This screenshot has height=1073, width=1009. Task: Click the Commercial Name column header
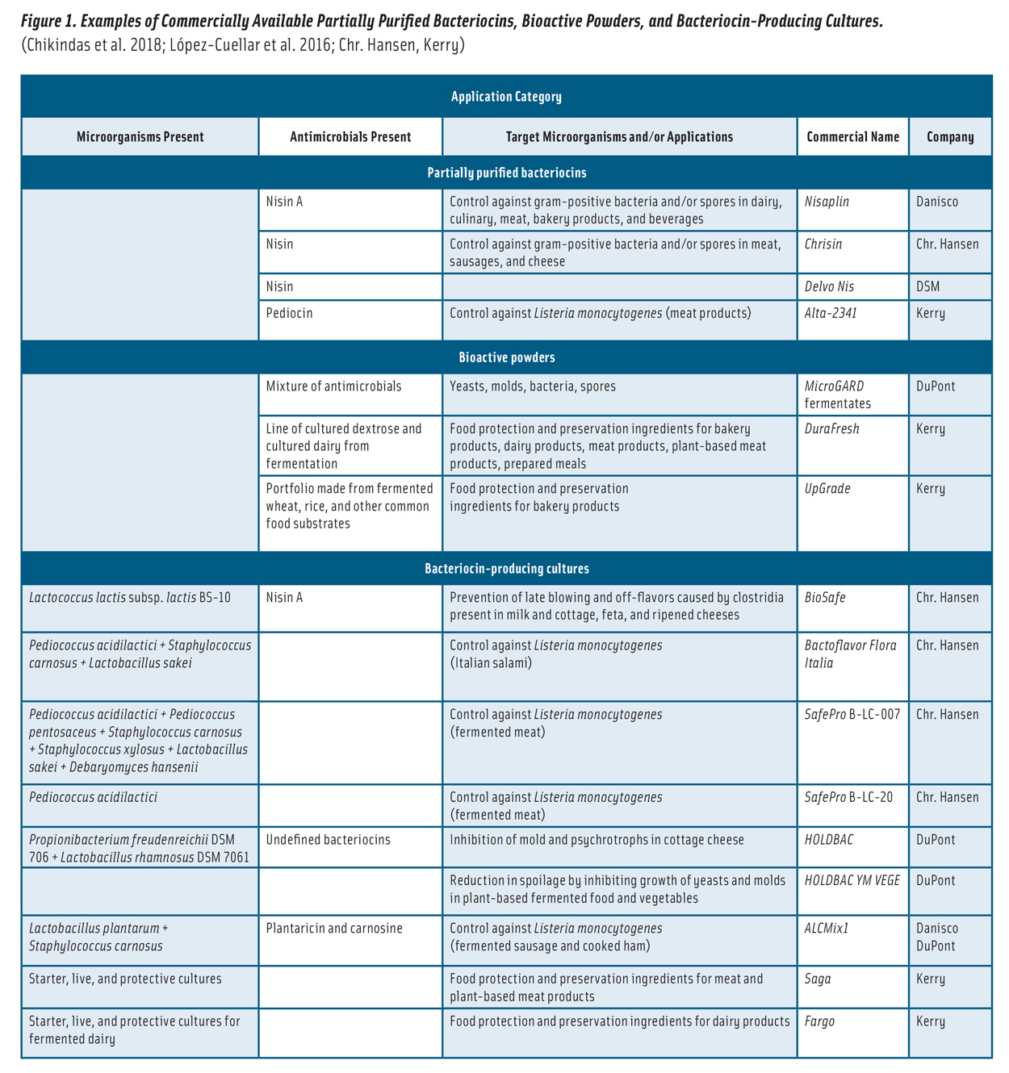click(852, 137)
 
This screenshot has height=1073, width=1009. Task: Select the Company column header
click(949, 137)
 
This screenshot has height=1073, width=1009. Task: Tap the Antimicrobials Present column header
click(350, 137)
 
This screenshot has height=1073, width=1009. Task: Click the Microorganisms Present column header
click(140, 137)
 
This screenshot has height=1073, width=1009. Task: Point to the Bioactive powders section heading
click(506, 357)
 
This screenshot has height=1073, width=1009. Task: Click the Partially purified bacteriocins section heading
click(506, 173)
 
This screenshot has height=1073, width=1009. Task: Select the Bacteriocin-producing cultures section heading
click(506, 569)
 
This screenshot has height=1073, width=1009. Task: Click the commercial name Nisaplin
click(827, 202)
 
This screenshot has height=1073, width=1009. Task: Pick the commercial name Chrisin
click(823, 244)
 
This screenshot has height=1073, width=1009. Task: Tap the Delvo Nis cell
click(829, 286)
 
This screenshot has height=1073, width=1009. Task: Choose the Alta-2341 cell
click(831, 313)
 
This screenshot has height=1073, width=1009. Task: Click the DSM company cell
click(927, 286)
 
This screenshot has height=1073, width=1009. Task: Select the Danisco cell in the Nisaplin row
click(936, 202)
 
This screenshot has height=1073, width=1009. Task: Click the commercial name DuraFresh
click(831, 429)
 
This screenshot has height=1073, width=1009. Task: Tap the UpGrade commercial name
click(827, 489)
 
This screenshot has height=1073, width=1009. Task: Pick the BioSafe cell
click(825, 598)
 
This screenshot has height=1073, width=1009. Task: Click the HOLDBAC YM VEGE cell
click(852, 881)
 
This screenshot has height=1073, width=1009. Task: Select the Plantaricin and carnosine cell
click(334, 929)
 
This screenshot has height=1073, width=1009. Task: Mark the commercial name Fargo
click(819, 1021)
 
